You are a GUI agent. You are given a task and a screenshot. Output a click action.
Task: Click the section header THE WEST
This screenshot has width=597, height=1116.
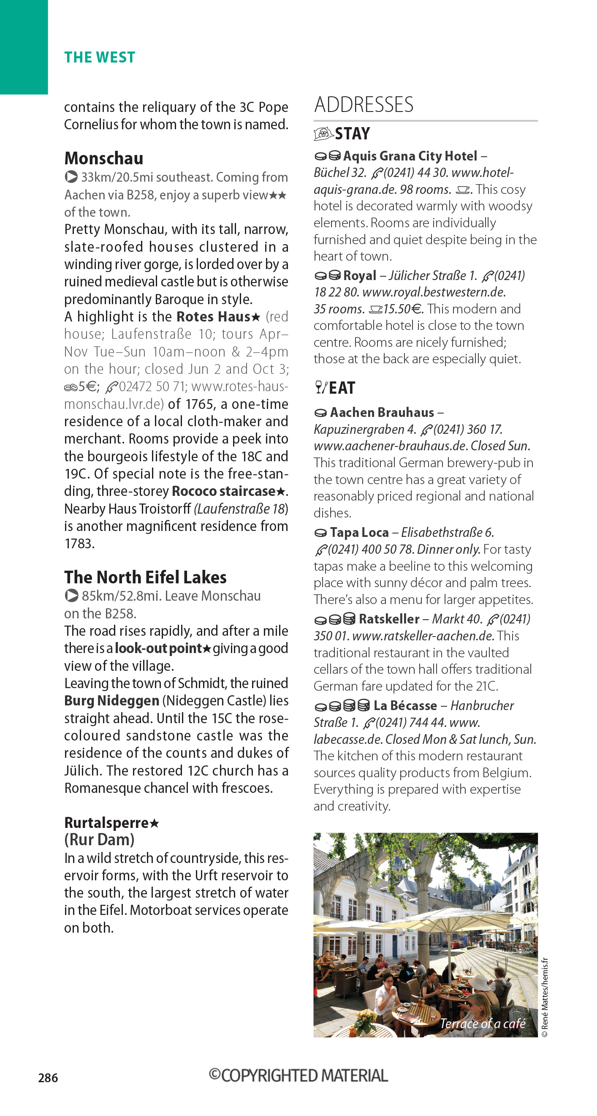click(x=100, y=57)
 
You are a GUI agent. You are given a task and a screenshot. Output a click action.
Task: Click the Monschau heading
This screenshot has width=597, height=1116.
click(x=103, y=158)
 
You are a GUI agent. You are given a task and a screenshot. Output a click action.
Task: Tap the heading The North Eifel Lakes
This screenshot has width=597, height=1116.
click(x=146, y=577)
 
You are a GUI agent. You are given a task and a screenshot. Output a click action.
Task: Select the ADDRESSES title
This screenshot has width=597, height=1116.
click(x=364, y=105)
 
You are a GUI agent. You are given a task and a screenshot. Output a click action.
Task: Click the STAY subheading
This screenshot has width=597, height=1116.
click(x=352, y=133)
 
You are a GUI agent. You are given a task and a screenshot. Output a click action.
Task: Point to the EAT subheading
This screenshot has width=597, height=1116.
click(x=342, y=388)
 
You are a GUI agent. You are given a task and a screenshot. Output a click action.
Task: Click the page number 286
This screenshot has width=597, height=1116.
click(x=48, y=1078)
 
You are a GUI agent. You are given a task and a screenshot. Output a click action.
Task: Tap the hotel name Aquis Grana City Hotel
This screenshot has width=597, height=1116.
click(x=410, y=156)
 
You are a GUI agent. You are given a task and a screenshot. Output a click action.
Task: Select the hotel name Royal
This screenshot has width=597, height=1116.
click(x=359, y=275)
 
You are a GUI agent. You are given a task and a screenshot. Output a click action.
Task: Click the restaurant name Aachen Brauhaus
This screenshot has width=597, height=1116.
click(x=382, y=412)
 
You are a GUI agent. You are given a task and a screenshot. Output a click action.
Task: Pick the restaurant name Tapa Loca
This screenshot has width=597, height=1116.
click(x=359, y=532)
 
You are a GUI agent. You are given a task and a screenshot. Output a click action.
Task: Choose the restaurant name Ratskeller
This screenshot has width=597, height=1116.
click(x=389, y=619)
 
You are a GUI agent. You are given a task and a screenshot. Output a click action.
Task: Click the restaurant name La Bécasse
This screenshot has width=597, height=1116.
click(x=405, y=706)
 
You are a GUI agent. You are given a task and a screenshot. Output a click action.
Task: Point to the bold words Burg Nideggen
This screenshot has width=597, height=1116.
click(x=112, y=700)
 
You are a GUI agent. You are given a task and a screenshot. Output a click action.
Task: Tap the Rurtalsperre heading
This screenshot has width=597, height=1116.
click(x=107, y=823)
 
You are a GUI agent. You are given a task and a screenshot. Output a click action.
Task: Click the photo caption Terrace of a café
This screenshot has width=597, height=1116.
click(x=482, y=1023)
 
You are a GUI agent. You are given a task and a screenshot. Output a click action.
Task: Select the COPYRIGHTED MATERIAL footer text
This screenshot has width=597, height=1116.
click(x=298, y=1076)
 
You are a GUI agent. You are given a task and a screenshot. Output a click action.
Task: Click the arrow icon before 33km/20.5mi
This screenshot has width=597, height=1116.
click(x=71, y=177)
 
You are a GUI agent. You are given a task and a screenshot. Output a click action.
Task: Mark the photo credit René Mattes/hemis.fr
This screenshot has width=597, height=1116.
click(x=545, y=996)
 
